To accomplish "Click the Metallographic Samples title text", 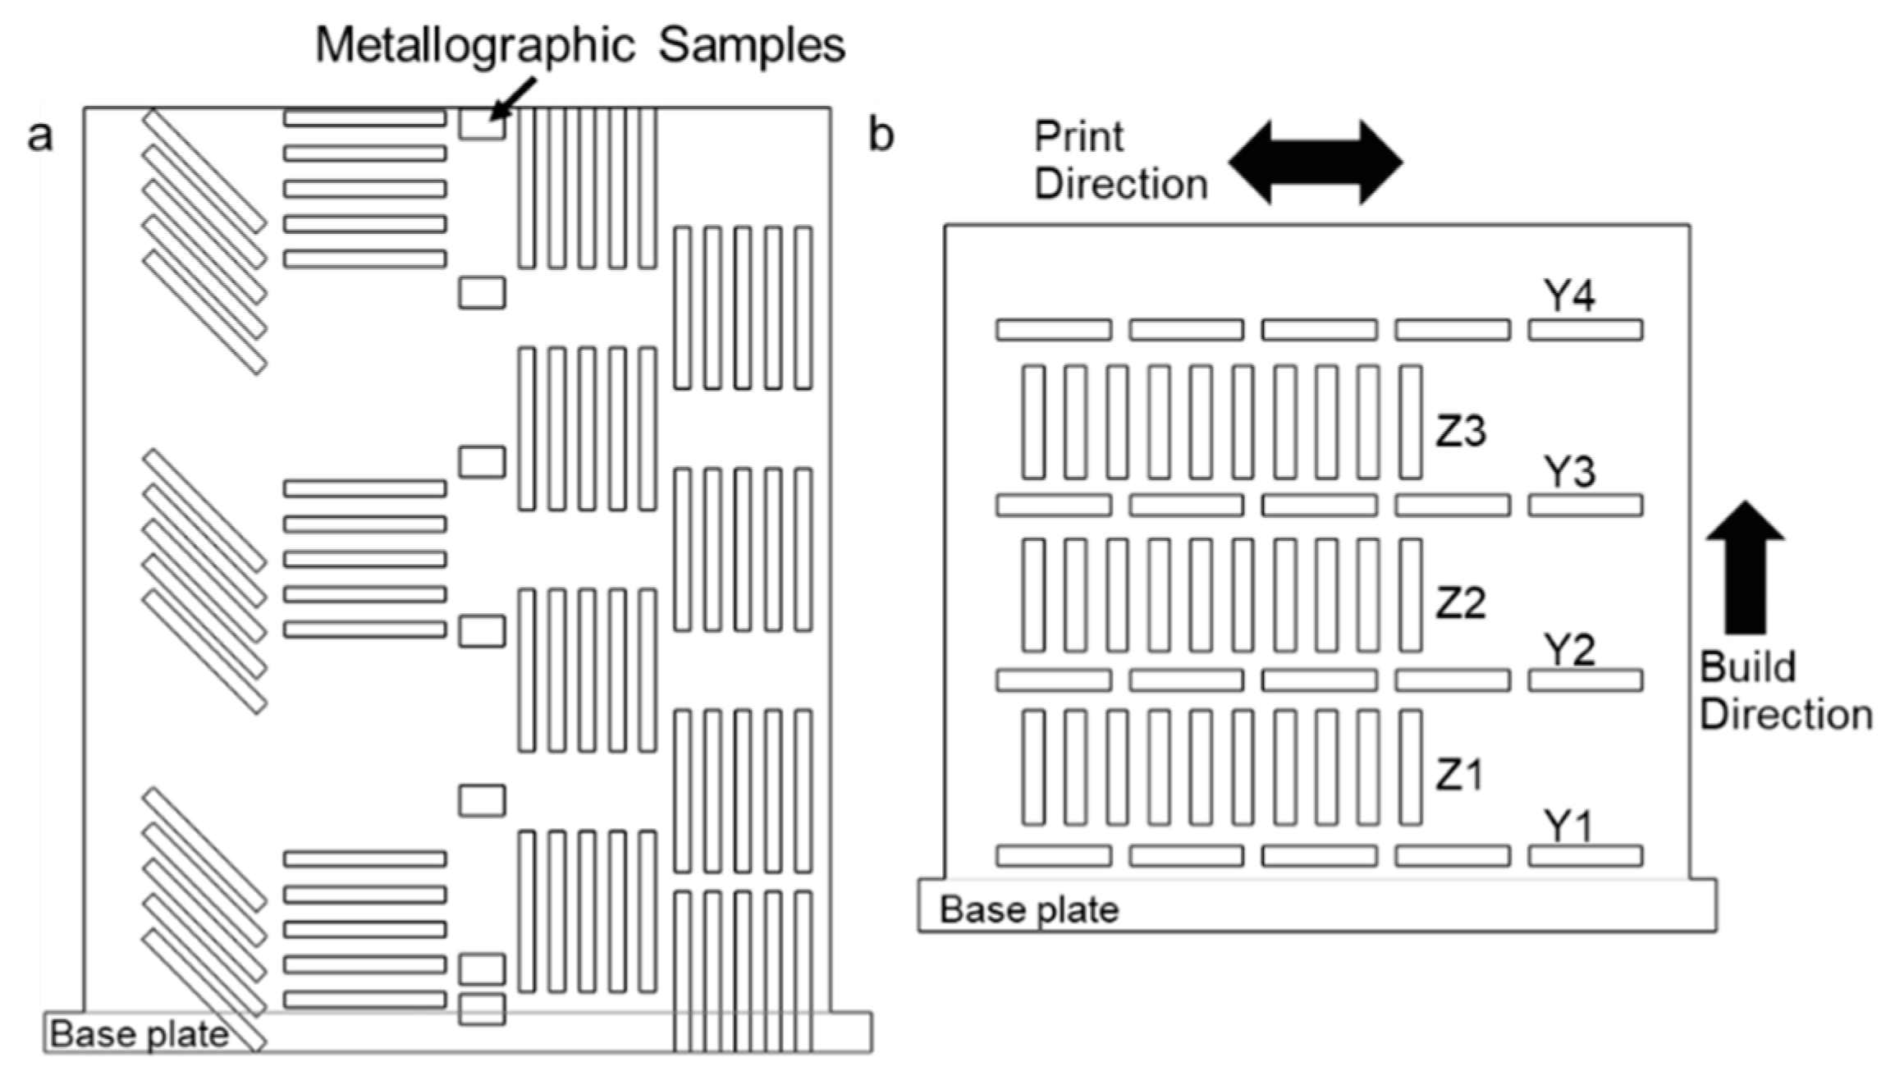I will [x=579, y=45].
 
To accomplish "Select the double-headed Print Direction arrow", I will [x=1316, y=162].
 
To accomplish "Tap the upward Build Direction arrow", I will [x=1745, y=566].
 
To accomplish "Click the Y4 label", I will [x=1569, y=296].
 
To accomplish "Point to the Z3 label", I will [x=1460, y=431].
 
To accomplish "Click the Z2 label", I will [x=1460, y=604].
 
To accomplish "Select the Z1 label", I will [x=1460, y=775].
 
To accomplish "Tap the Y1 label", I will [x=1568, y=826].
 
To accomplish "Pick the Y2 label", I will [x=1569, y=650].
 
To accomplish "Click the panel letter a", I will [x=39, y=136].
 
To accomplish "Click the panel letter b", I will [x=881, y=136].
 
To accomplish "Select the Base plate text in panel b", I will [x=1028, y=910].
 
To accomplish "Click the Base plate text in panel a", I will [x=140, y=1034].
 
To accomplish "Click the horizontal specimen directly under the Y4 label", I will [x=1585, y=330].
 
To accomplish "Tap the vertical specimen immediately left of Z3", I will [x=1411, y=422].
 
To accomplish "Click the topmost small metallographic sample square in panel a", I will [x=482, y=124].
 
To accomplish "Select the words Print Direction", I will [x=1119, y=160].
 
